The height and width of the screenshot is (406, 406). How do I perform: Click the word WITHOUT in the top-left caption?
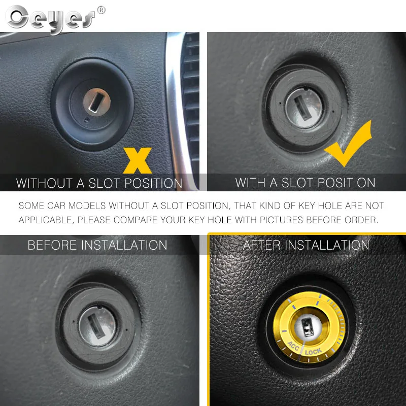pyautogui.click(x=44, y=183)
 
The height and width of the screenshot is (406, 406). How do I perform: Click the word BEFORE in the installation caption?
pyautogui.click(x=53, y=245)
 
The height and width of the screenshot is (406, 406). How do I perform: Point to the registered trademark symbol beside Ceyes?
pyautogui.click(x=101, y=10)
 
